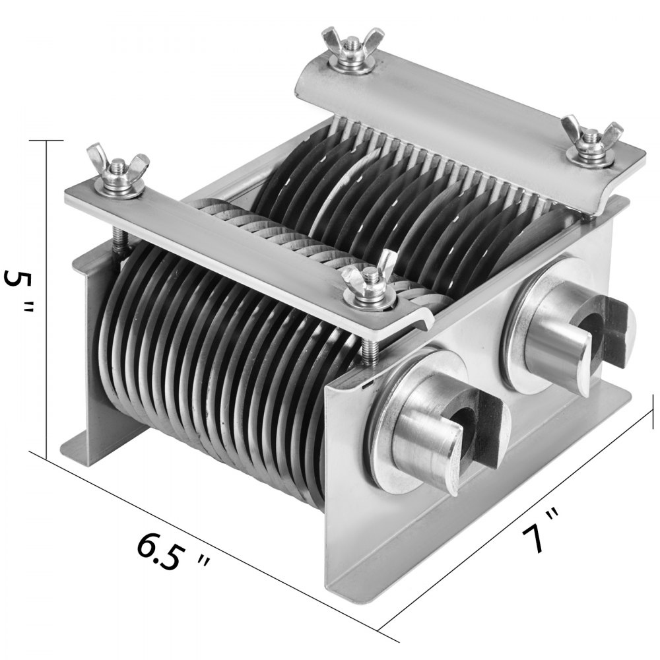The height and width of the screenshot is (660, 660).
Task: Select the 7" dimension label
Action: pos(542,529)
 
